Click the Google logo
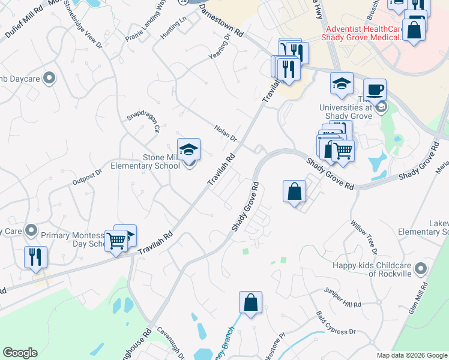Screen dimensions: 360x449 (x=20, y=353)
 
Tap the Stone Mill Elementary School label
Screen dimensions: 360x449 (x=161, y=162)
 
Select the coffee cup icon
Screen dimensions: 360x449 (x=375, y=90)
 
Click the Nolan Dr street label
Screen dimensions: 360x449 (x=226, y=133)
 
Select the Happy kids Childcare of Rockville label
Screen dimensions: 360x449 (x=373, y=269)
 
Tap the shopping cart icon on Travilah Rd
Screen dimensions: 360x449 (x=116, y=241)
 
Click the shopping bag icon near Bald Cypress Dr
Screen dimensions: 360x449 (x=250, y=303)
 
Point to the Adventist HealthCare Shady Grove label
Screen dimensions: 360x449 (x=366, y=33)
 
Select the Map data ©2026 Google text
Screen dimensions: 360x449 (x=411, y=355)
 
